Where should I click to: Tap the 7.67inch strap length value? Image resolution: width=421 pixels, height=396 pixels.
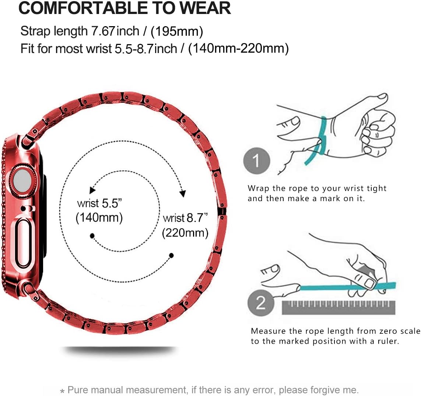[115, 31]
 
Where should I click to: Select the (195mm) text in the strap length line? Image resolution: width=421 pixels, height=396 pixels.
[177, 31]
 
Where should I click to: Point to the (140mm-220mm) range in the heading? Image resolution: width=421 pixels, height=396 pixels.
[238, 49]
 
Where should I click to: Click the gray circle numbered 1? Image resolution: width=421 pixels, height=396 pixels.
[256, 161]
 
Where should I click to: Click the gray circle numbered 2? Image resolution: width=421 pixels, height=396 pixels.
[260, 302]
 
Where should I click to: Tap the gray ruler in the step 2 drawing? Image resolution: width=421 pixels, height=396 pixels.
[338, 307]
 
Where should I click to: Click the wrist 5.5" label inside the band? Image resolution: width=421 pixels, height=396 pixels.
[99, 203]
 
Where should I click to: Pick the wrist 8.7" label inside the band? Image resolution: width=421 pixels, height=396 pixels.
[185, 218]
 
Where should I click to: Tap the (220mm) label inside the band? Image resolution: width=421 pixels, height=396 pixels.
[185, 233]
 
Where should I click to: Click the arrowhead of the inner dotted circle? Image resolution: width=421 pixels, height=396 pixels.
[92, 190]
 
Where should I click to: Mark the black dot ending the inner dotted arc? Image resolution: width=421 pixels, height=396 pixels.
[92, 236]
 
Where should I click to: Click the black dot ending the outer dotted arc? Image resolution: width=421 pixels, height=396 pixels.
[171, 255]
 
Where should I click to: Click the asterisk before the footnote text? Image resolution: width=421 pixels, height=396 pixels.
[62, 391]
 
